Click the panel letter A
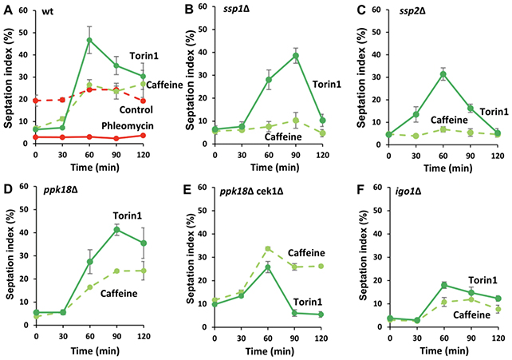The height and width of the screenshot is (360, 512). [6, 10]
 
